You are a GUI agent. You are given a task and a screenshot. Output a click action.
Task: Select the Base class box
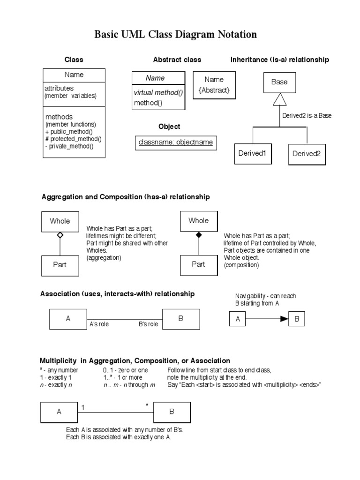coord(279,82)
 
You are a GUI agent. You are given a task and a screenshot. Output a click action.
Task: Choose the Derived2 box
coord(306,154)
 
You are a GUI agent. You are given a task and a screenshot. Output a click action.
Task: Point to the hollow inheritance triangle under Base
coord(279,99)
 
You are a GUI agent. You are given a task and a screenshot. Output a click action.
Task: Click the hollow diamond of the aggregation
coord(60,235)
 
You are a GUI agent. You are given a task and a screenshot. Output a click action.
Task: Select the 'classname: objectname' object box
coord(175,142)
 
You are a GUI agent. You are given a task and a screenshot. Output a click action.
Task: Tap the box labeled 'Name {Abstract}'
coord(214,85)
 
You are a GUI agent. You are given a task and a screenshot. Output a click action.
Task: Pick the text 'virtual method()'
coord(158,93)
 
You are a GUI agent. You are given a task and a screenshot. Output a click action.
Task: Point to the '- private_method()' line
coord(69,146)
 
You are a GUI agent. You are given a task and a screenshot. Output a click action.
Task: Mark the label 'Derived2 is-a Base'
coord(307,115)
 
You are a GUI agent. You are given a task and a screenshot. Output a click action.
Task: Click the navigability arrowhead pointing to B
coord(284,319)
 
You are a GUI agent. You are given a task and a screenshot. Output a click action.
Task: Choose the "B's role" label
coord(148,324)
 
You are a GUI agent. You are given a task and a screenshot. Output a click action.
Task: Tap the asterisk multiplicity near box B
coord(147,405)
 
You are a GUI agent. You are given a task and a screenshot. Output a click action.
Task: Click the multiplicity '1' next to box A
coord(83,407)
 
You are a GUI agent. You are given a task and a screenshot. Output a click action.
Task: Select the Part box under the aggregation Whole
coord(60,265)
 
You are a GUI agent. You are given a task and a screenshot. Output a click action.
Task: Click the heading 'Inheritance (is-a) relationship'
coord(279,60)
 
